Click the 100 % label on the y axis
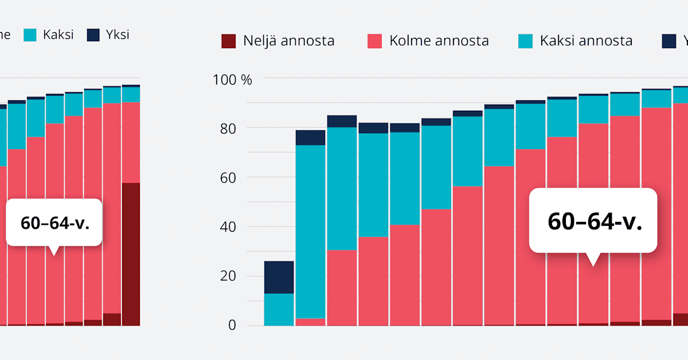[x=232, y=79]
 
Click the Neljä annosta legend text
[x=288, y=41]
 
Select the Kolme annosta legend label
[x=439, y=41]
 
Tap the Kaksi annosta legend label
[x=586, y=41]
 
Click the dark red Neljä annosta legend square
[x=228, y=41]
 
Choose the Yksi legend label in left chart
[x=118, y=34]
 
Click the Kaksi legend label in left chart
[x=58, y=34]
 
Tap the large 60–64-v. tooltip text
[x=593, y=221]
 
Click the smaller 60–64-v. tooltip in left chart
[x=54, y=223]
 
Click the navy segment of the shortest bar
[x=279, y=277]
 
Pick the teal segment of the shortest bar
[x=279, y=310]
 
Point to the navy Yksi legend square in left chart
[x=93, y=34]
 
